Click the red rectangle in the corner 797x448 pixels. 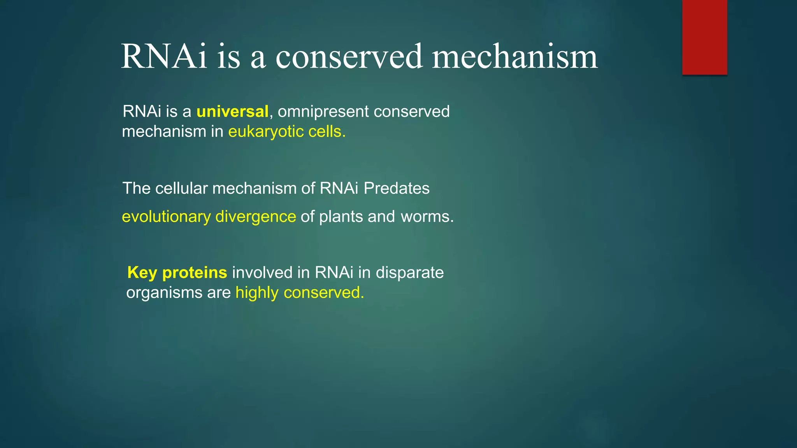[x=704, y=37]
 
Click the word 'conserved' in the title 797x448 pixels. [x=349, y=57]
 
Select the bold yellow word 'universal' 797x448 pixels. [x=232, y=112]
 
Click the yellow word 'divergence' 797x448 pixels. [x=256, y=217]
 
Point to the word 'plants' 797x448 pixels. [x=341, y=217]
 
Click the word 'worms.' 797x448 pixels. [x=427, y=217]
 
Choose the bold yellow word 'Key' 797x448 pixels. [x=142, y=273]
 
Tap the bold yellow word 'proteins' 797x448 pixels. [x=195, y=273]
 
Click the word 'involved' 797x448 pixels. [x=262, y=273]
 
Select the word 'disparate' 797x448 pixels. [x=409, y=273]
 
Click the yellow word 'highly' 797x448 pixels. [x=257, y=293]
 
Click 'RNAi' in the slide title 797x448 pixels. [x=164, y=57]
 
